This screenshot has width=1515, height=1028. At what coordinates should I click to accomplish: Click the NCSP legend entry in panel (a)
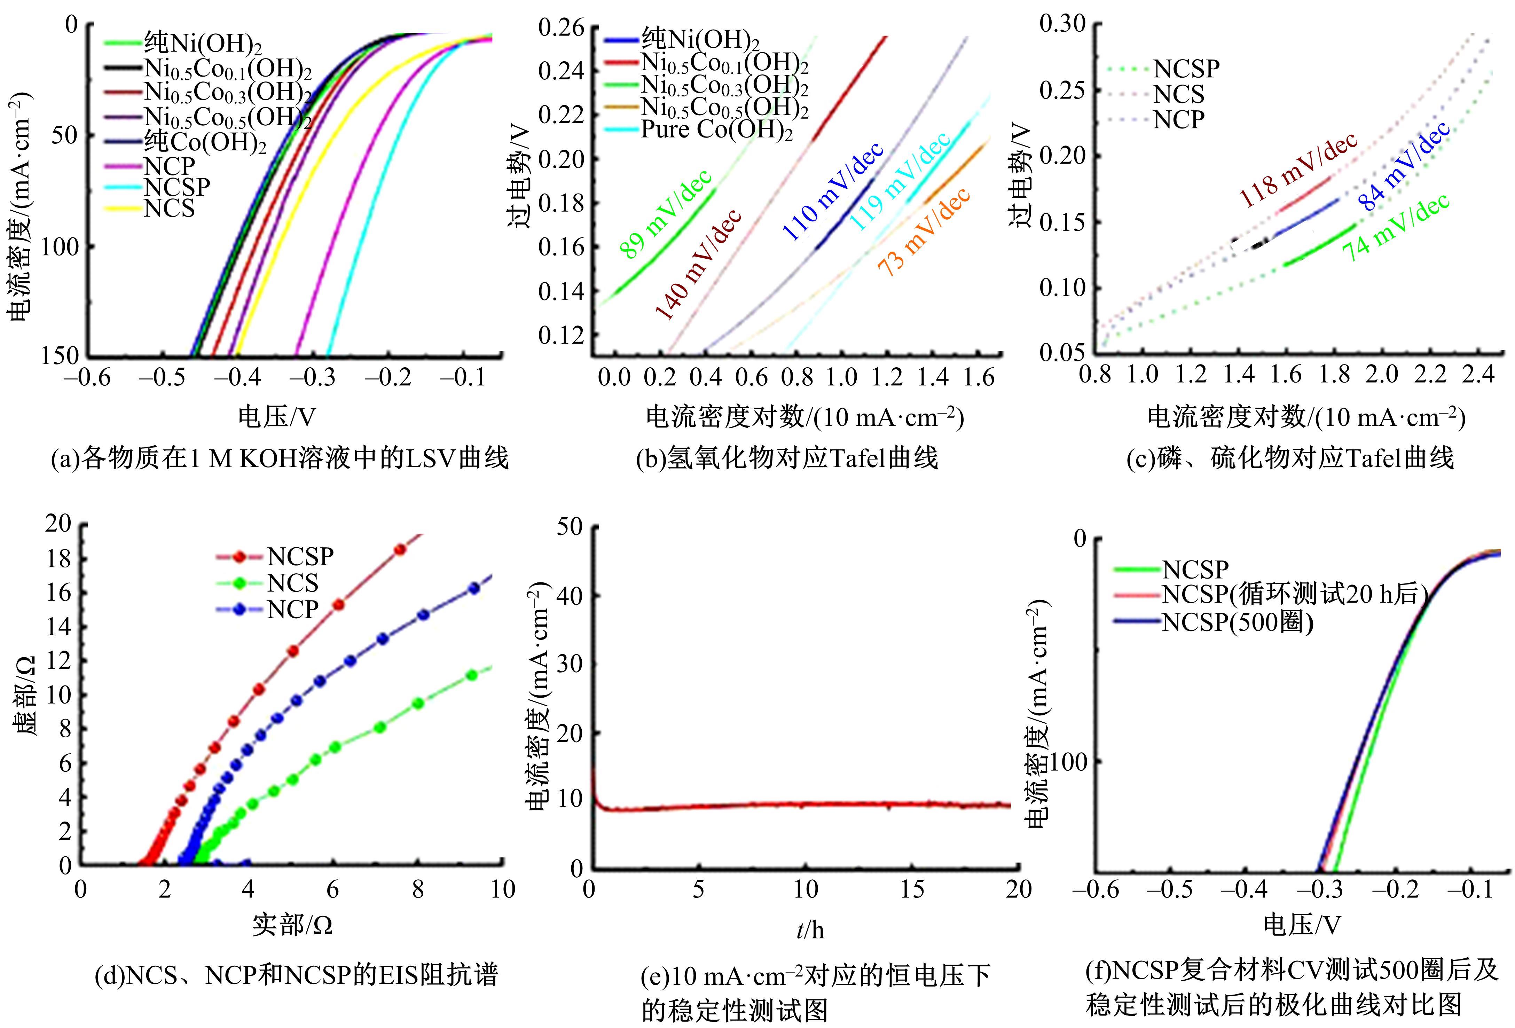pos(176,187)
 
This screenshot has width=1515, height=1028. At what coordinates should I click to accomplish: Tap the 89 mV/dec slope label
pos(665,215)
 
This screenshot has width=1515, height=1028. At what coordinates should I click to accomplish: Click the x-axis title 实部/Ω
pos(293,925)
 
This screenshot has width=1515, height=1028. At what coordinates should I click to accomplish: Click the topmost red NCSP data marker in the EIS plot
pos(400,550)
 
